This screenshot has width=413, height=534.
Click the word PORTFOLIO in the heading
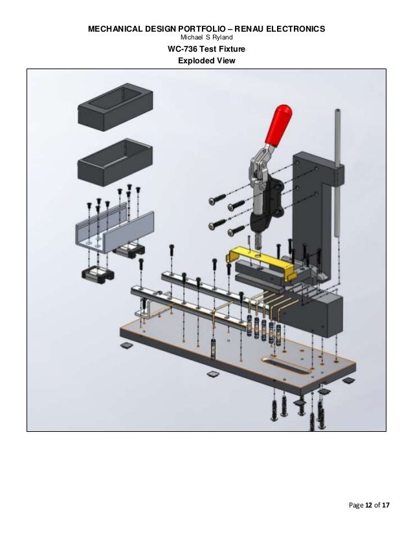(x=182, y=30)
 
